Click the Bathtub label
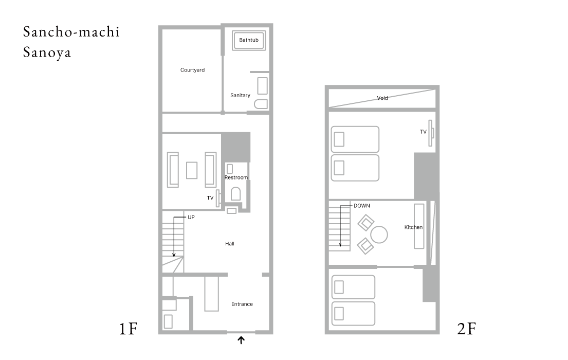click(248, 40)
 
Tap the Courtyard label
click(192, 70)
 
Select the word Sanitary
click(240, 95)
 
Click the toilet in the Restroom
click(235, 194)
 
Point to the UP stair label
click(191, 217)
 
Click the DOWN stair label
click(361, 206)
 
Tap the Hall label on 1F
click(230, 244)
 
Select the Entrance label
click(242, 304)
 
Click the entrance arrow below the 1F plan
click(241, 340)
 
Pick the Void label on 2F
click(382, 98)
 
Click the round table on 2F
click(379, 235)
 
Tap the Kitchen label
click(413, 227)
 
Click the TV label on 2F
click(423, 132)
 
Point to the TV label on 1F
click(210, 198)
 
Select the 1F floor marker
click(128, 329)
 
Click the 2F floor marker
click(467, 329)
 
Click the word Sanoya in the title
click(47, 52)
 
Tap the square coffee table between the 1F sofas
click(192, 170)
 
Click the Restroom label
click(236, 177)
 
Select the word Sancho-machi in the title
click(71, 32)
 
